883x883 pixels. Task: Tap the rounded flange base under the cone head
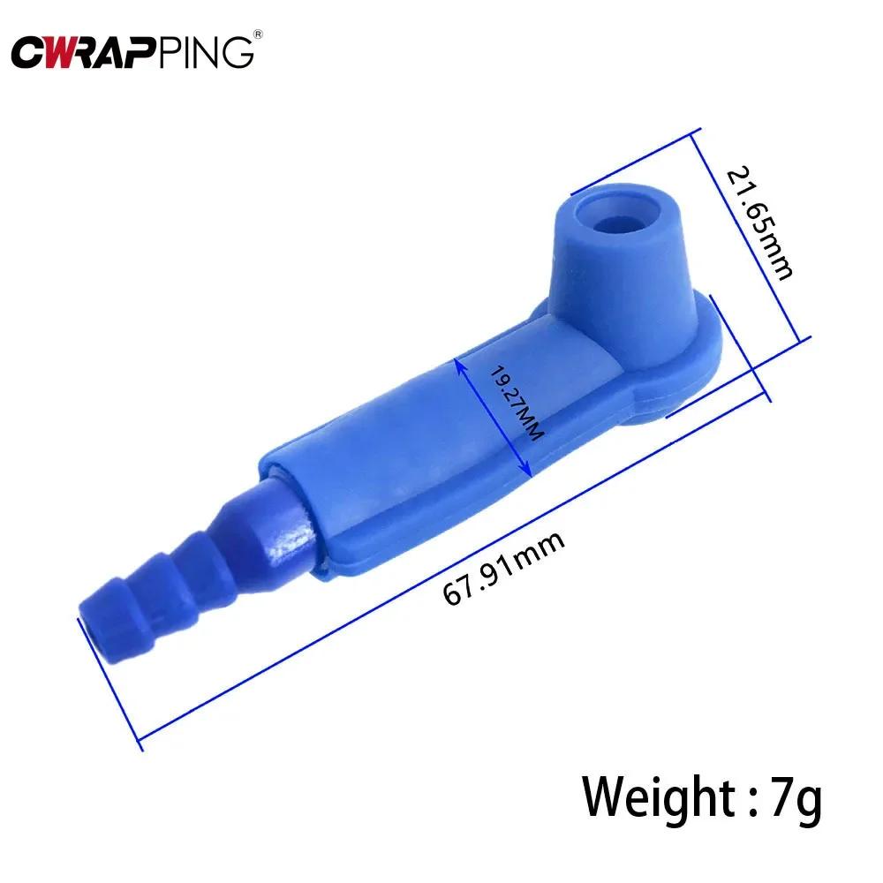point(689,371)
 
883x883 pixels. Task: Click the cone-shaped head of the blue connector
point(618,256)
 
